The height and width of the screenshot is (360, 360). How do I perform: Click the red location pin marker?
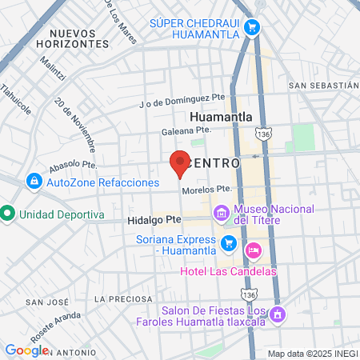[x=181, y=162]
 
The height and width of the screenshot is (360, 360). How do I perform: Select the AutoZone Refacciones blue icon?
[x=34, y=182]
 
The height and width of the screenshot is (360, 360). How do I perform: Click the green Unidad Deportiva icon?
[x=8, y=214]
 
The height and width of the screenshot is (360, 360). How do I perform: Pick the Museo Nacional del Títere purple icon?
[x=220, y=214]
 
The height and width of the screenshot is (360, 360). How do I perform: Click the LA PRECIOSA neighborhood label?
[x=122, y=298]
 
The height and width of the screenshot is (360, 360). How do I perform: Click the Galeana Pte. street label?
[x=186, y=130]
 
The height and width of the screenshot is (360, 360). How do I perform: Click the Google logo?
[x=27, y=350]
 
